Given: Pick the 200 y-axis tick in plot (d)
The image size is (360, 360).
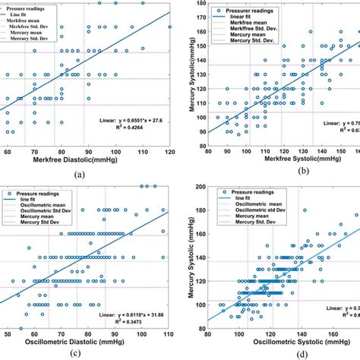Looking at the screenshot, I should point(203,187).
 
